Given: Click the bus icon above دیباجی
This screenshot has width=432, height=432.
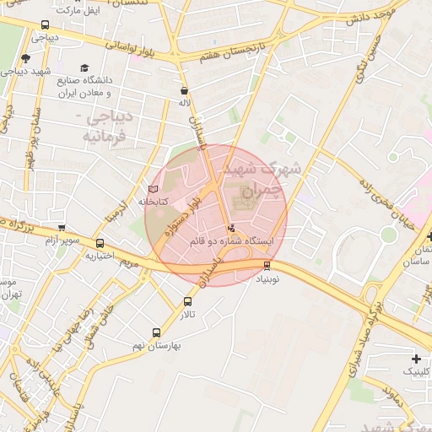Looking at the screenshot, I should pos(44,25).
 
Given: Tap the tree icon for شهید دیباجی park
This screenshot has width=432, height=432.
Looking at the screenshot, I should pos(25,58).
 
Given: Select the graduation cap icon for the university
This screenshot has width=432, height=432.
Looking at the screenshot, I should pos(84,68).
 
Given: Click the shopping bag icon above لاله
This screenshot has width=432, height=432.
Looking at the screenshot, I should pos(184,90).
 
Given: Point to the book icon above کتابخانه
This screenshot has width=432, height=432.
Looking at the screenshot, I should pos(153,189).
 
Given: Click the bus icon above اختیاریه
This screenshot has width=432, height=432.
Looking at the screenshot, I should pos(100,244).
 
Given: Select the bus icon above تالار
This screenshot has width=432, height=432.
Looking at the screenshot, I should pos(186,301).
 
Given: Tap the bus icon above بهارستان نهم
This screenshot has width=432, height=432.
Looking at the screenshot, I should pos(155,332).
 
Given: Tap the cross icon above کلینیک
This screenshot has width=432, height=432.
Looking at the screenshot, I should pos(416,359).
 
